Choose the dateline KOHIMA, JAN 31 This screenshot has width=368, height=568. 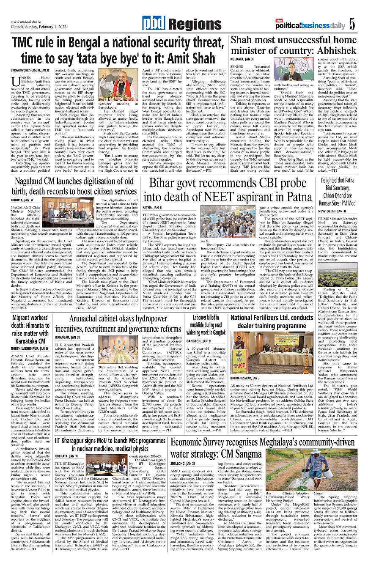22,188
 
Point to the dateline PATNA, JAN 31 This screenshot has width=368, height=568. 153,208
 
